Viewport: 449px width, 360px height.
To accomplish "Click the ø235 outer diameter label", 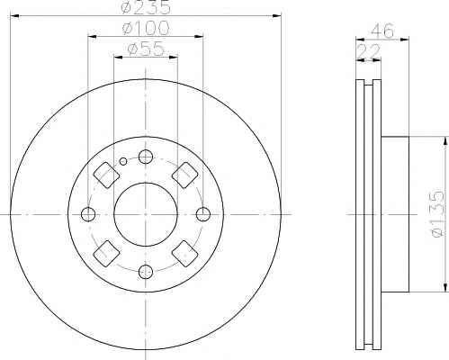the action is click(x=146, y=8).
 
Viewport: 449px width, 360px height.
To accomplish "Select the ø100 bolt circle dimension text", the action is click(x=146, y=28).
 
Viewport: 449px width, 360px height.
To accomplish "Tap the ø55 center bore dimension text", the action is click(x=146, y=49).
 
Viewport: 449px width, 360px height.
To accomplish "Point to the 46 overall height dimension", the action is click(x=382, y=31).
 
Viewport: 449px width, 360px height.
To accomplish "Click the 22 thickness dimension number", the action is click(x=368, y=51).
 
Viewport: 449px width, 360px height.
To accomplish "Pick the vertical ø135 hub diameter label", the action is click(x=438, y=214).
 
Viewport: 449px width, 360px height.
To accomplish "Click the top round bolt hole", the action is click(x=146, y=157).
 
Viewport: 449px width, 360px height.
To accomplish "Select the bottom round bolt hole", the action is click(x=146, y=272).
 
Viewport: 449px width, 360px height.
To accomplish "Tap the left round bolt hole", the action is click(x=88, y=214).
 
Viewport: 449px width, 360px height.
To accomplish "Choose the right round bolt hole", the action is click(x=203, y=214).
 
